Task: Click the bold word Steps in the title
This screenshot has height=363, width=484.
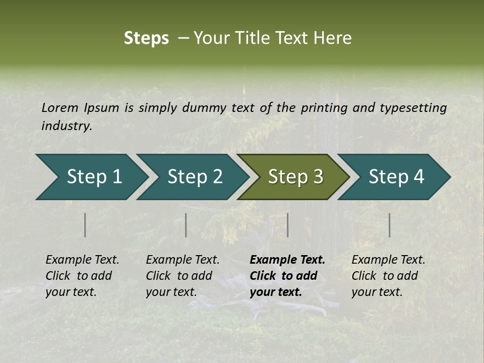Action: point(146,38)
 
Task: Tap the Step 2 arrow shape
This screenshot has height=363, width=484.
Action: point(192,177)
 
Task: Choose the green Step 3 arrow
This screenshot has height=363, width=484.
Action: point(292,177)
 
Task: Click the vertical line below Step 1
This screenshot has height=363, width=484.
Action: point(85,225)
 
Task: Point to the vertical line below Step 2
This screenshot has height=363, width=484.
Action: point(186,225)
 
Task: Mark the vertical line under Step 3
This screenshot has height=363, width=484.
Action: point(287,225)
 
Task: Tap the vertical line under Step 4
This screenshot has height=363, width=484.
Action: point(389,225)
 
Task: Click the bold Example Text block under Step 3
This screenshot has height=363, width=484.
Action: point(287,276)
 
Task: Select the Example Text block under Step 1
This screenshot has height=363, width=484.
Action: point(82,276)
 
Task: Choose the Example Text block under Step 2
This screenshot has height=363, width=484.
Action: point(183,276)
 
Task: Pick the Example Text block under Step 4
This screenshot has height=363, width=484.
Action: point(388,276)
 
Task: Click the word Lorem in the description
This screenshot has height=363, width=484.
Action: point(60,107)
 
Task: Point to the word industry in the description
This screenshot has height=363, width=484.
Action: point(67,126)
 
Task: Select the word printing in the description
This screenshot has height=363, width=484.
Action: point(325,108)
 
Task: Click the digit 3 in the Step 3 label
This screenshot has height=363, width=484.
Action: point(317,177)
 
